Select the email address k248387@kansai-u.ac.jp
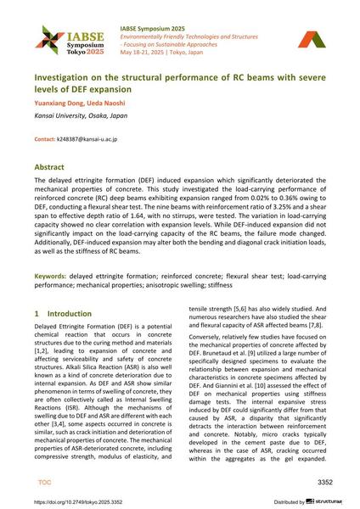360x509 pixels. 87,138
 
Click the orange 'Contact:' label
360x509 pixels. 44,138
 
